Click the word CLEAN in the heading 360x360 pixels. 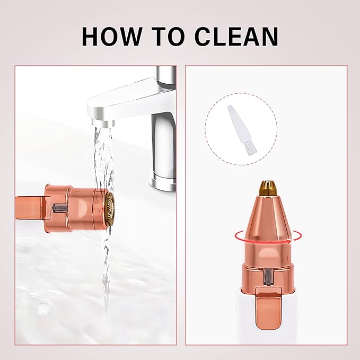coord(236,37)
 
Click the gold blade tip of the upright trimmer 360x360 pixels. coord(268,187)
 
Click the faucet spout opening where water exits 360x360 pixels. coord(103,123)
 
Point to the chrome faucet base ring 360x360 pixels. coord(163,183)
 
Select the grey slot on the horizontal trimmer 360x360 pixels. coord(59,208)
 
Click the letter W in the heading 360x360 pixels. coord(129,37)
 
